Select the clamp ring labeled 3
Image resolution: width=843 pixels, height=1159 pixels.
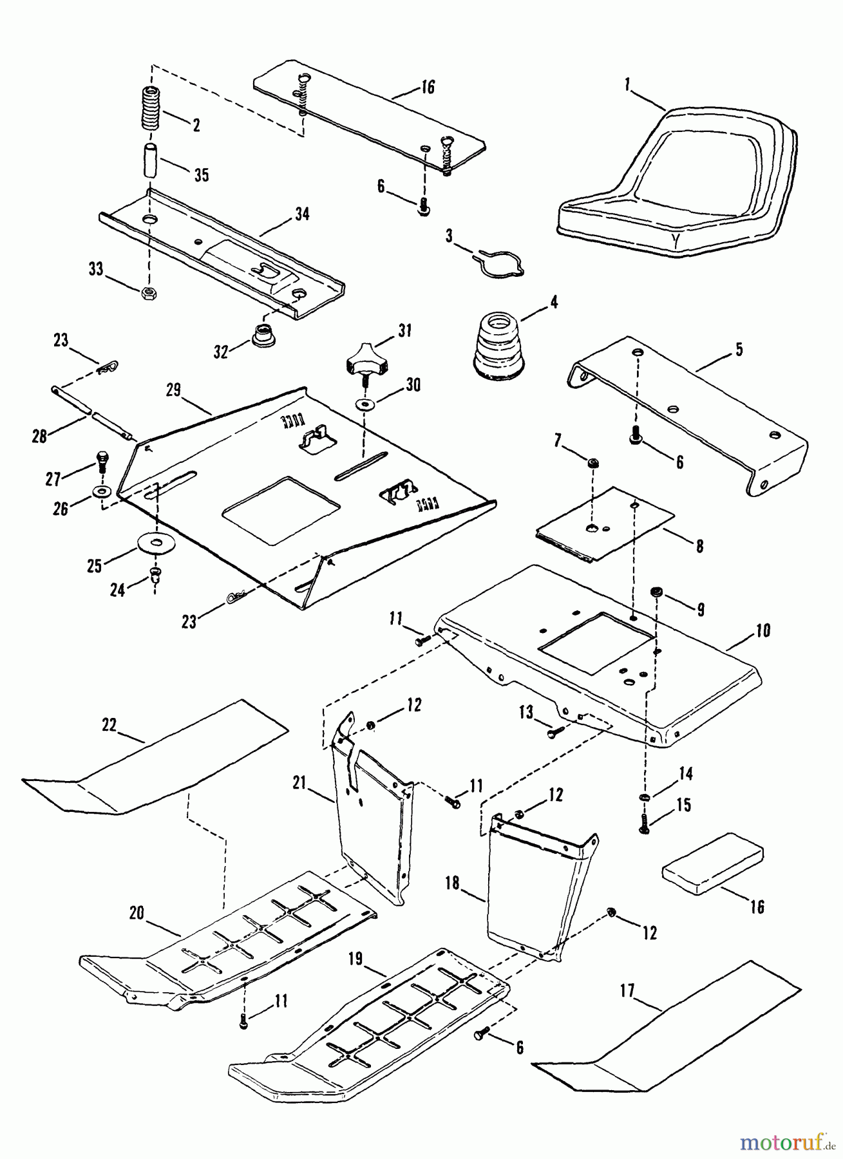502,263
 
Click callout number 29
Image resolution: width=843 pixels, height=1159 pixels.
173,390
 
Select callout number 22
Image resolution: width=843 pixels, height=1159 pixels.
109,725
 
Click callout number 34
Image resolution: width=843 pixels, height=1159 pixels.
301,214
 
